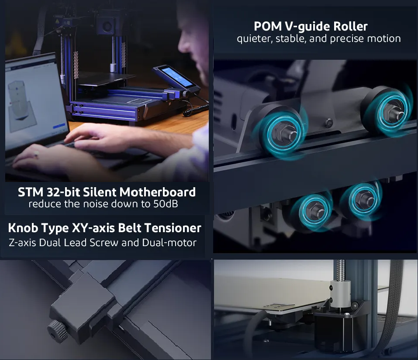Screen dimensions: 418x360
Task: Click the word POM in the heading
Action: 268,26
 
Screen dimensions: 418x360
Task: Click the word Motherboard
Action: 158,192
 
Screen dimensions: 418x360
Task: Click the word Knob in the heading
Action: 23,228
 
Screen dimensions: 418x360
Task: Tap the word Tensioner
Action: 175,228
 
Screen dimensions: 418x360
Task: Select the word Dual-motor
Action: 169,243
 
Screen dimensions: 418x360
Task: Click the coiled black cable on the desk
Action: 196,109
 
